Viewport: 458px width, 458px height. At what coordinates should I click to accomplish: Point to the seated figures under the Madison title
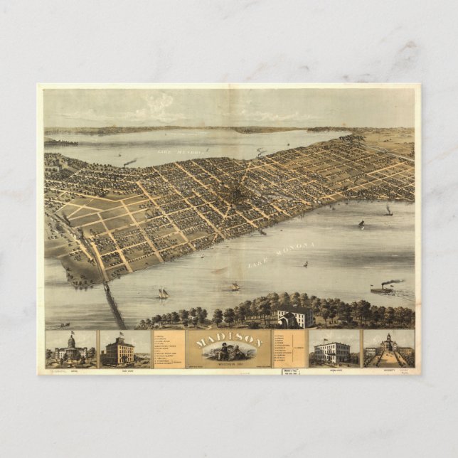coord(229,352)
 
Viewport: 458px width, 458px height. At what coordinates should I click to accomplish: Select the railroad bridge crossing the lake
coord(113,304)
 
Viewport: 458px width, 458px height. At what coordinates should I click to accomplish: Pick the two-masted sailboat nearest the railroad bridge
coord(163,293)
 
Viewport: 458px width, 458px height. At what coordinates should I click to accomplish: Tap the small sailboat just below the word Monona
coord(305,265)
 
